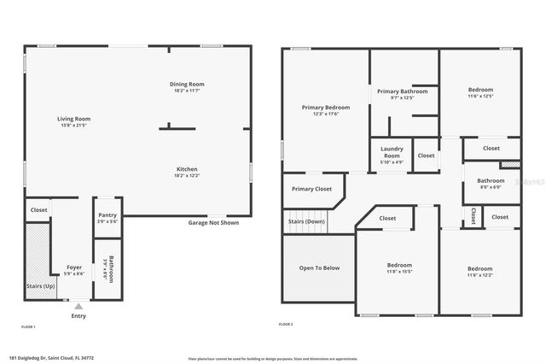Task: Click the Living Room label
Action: [74, 119]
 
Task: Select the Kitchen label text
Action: [188, 168]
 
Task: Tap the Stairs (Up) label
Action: [40, 285]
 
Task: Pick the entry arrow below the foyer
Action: [78, 305]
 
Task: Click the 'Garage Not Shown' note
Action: [213, 223]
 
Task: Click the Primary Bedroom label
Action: [326, 108]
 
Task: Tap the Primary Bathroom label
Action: [402, 91]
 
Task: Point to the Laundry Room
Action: [392, 154]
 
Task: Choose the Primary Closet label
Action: [311, 189]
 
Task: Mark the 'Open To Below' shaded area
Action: [319, 267]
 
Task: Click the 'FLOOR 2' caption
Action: [286, 325]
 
